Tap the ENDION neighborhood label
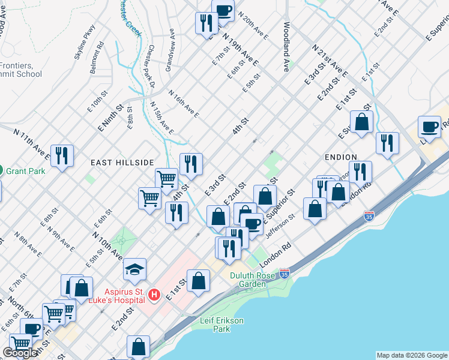tap(341, 157)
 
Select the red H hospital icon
tap(154, 295)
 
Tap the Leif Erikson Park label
tap(221, 325)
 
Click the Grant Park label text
tap(26, 171)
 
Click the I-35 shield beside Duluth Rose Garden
tap(285, 272)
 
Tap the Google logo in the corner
tap(20, 353)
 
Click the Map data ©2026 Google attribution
tap(412, 355)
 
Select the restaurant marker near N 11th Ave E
tap(62, 155)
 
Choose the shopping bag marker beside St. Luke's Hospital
tap(198, 280)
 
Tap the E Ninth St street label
tap(112, 116)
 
